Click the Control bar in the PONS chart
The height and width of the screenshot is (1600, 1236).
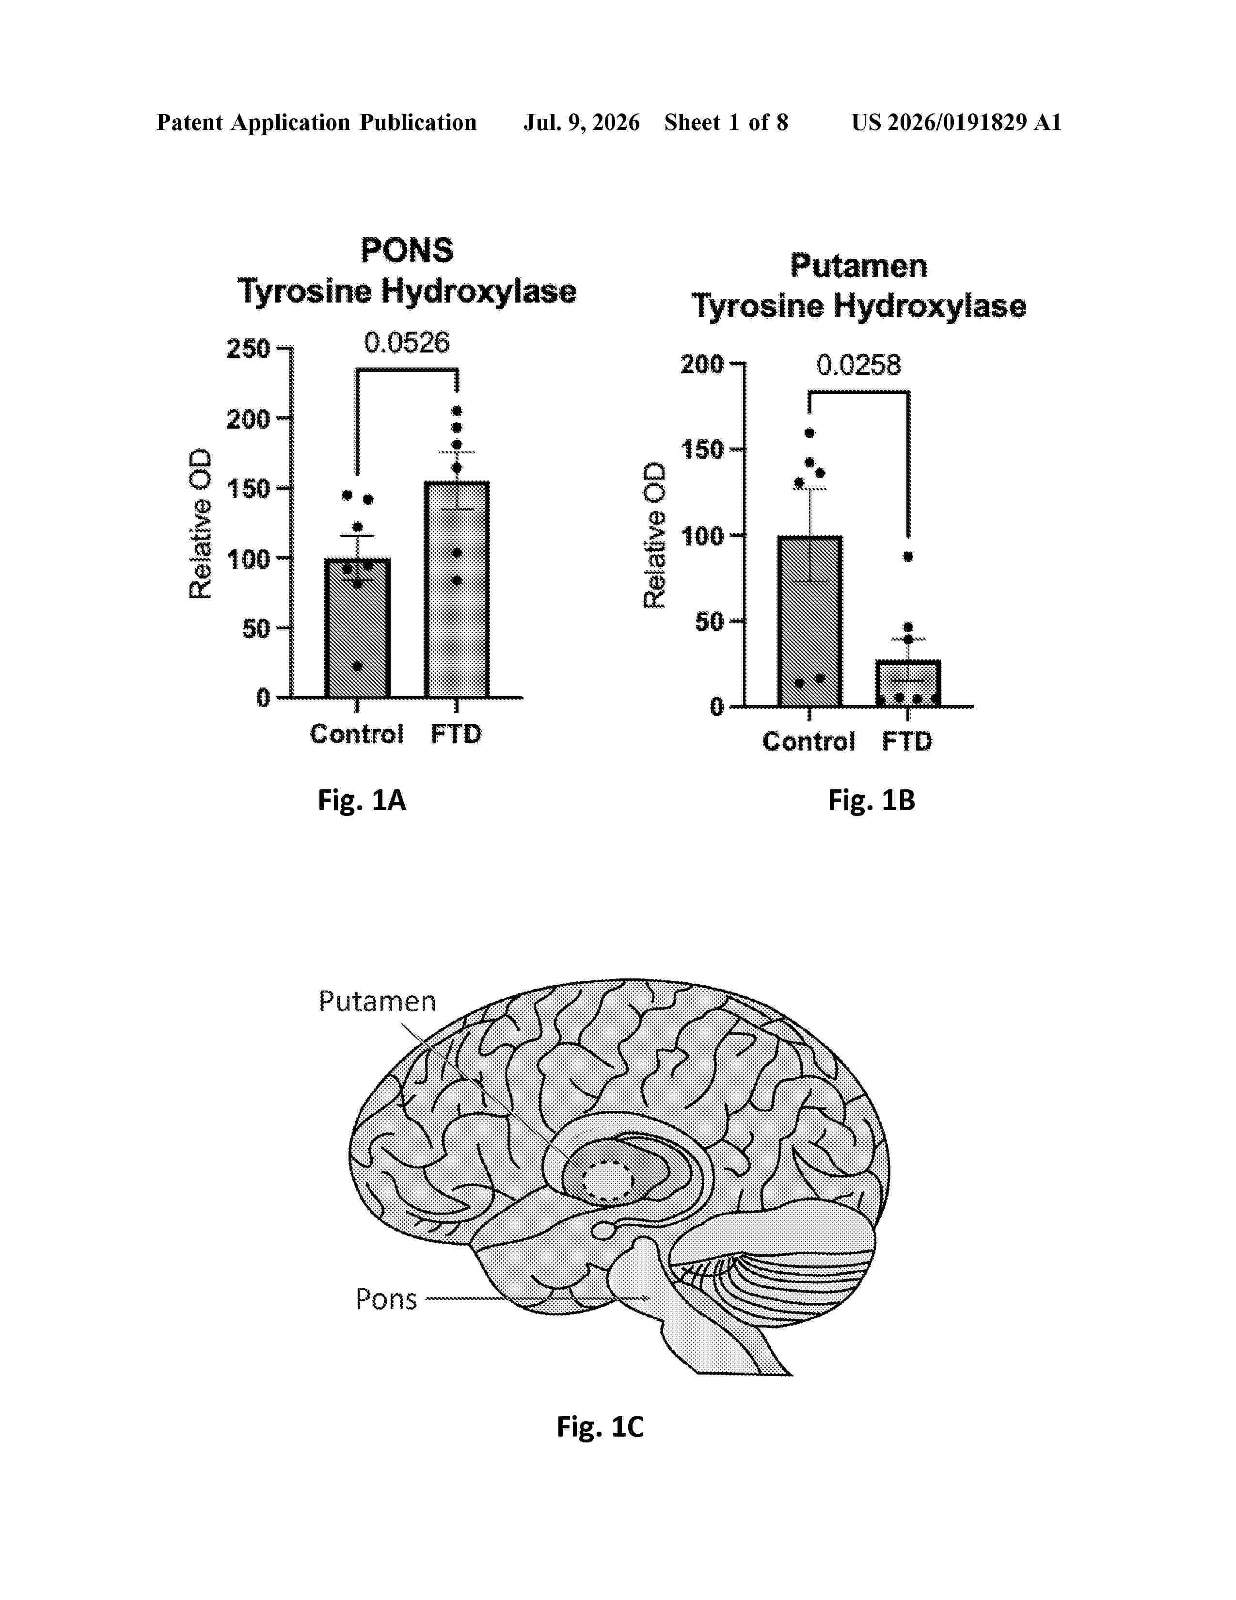357,628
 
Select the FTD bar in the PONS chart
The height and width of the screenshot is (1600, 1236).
456,590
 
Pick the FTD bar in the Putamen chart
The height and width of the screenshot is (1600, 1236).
908,684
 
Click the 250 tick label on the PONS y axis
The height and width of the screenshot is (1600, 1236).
248,349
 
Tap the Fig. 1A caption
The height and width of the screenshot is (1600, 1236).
362,800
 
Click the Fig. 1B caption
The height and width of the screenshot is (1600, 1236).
872,800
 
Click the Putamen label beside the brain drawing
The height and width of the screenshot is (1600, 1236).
377,1001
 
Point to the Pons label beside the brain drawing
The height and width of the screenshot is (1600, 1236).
386,1299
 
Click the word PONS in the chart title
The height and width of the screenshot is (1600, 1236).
407,251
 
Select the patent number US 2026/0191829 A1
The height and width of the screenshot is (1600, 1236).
956,122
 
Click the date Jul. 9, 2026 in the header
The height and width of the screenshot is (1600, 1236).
581,122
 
